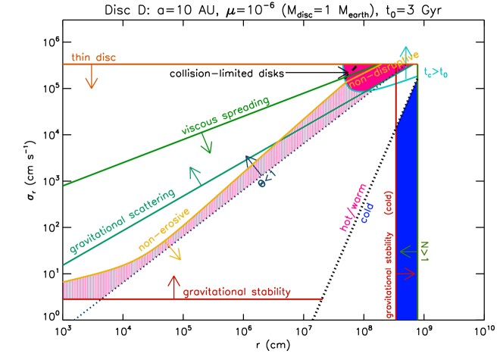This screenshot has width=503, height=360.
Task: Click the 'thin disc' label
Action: tap(93, 57)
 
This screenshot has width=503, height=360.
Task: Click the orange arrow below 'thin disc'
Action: tap(92, 77)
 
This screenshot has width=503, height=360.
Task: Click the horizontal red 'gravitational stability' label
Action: tap(236, 292)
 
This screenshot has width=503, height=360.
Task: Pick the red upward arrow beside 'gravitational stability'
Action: tap(173, 285)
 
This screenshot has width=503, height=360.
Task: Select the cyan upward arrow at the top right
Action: tap(407, 54)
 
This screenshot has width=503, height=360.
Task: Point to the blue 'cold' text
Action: tap(367, 213)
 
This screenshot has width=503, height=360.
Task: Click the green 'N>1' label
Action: tap(425, 251)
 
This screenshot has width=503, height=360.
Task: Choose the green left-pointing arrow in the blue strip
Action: tap(408, 251)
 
